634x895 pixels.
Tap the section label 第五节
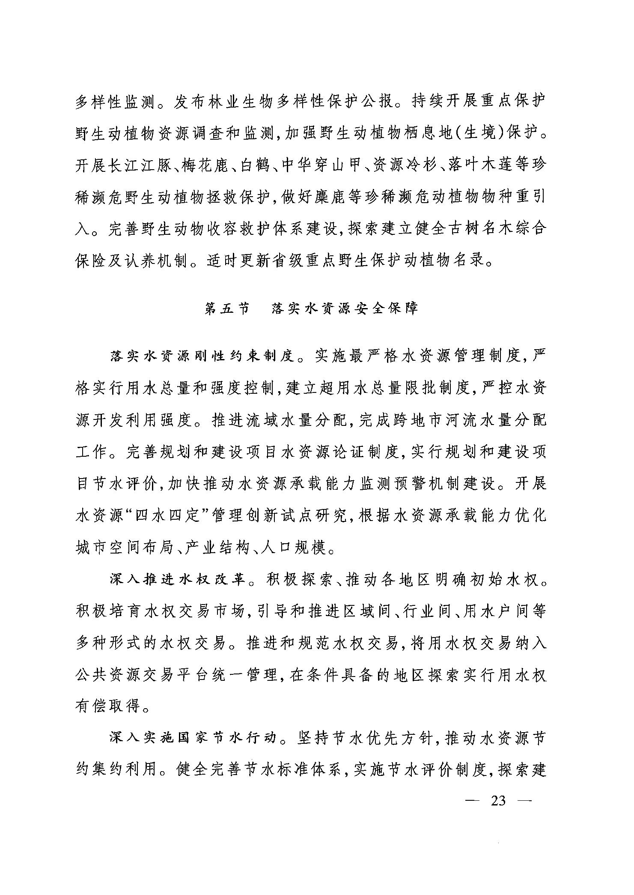pos(227,309)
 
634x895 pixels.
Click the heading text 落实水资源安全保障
pos(344,309)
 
